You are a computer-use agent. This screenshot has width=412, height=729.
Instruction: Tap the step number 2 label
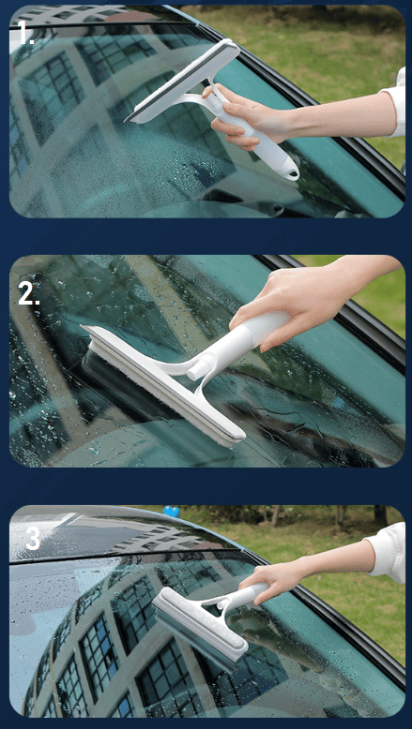pyautogui.click(x=28, y=294)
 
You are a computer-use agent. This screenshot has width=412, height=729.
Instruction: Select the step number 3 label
pyautogui.click(x=33, y=539)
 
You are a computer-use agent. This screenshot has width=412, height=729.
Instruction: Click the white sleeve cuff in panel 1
pyautogui.click(x=395, y=107)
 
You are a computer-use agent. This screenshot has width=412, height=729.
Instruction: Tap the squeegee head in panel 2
pyautogui.click(x=163, y=386)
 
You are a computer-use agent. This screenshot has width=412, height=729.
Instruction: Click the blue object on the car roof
pyautogui.click(x=172, y=512)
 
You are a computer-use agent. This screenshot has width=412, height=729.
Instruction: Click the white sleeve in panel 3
pyautogui.click(x=386, y=552)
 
